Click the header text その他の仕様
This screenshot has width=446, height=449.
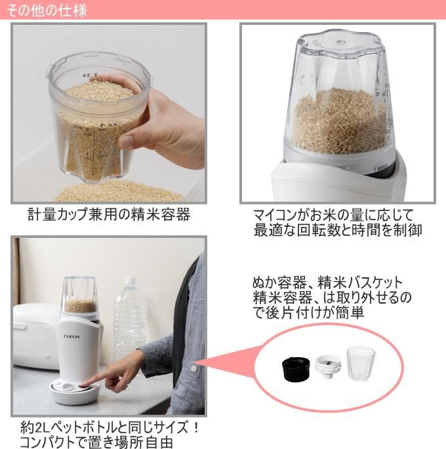tap(47, 10)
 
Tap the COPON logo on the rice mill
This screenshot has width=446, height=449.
tap(71, 336)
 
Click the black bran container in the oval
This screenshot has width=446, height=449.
tap(296, 368)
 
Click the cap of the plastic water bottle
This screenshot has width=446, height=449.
tap(130, 281)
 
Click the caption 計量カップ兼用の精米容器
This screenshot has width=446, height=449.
tap(109, 214)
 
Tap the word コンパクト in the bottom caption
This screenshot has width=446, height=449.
tap(47, 442)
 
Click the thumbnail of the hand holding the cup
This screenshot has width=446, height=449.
tap(109, 113)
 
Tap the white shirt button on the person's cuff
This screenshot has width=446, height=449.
tap(193, 368)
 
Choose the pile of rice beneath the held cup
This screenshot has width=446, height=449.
tap(119, 191)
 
